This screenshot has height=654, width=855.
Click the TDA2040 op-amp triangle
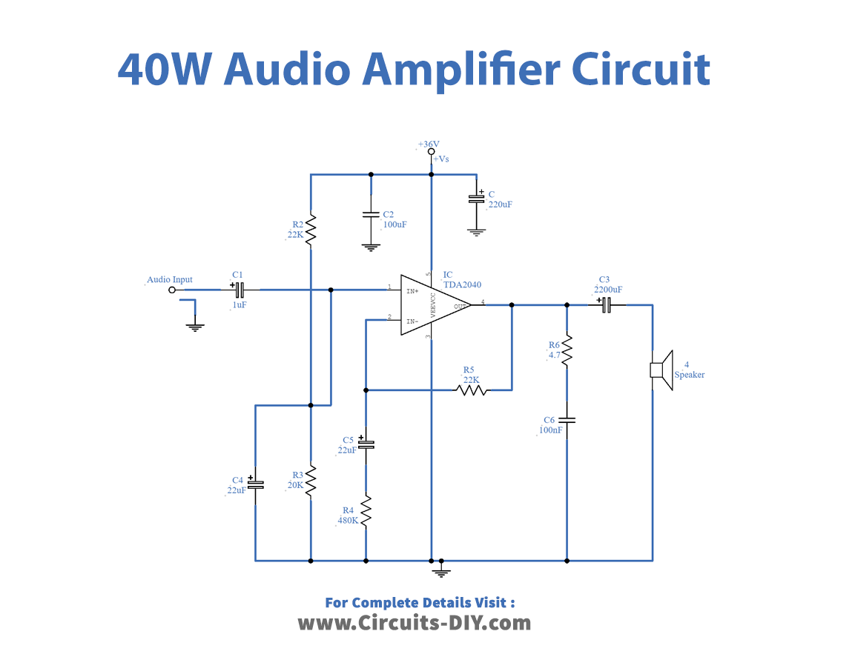coord(434,304)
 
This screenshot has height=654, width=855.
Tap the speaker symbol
coord(661,370)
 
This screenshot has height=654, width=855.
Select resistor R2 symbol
coord(311,229)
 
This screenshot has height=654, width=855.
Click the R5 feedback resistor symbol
coord(472,389)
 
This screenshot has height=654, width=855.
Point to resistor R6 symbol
coord(567,350)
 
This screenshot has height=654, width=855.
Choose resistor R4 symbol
coord(366,511)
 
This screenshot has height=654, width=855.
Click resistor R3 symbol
coord(311,481)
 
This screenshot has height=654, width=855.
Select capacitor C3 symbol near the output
coord(607,304)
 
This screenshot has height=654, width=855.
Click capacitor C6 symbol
coord(567,420)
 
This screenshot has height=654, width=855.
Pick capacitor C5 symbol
coord(366,444)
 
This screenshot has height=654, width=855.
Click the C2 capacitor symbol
coord(371,215)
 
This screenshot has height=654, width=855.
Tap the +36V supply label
coord(429,144)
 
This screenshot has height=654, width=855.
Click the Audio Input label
coord(170,279)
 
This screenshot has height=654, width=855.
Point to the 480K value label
coord(347,520)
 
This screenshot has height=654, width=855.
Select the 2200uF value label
coord(608,290)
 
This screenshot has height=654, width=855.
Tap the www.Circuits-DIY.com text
coord(415,623)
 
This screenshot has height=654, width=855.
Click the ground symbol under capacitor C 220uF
coord(476,231)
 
